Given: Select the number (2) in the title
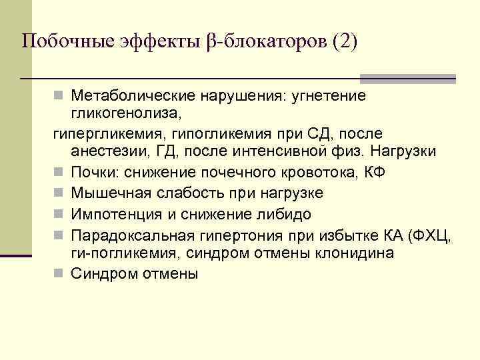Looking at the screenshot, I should (341, 41).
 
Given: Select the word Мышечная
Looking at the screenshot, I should (106, 193).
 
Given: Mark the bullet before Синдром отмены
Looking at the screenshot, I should (59, 274).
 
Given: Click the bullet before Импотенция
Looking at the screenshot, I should (59, 214).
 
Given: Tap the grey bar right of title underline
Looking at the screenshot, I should (407, 78).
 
